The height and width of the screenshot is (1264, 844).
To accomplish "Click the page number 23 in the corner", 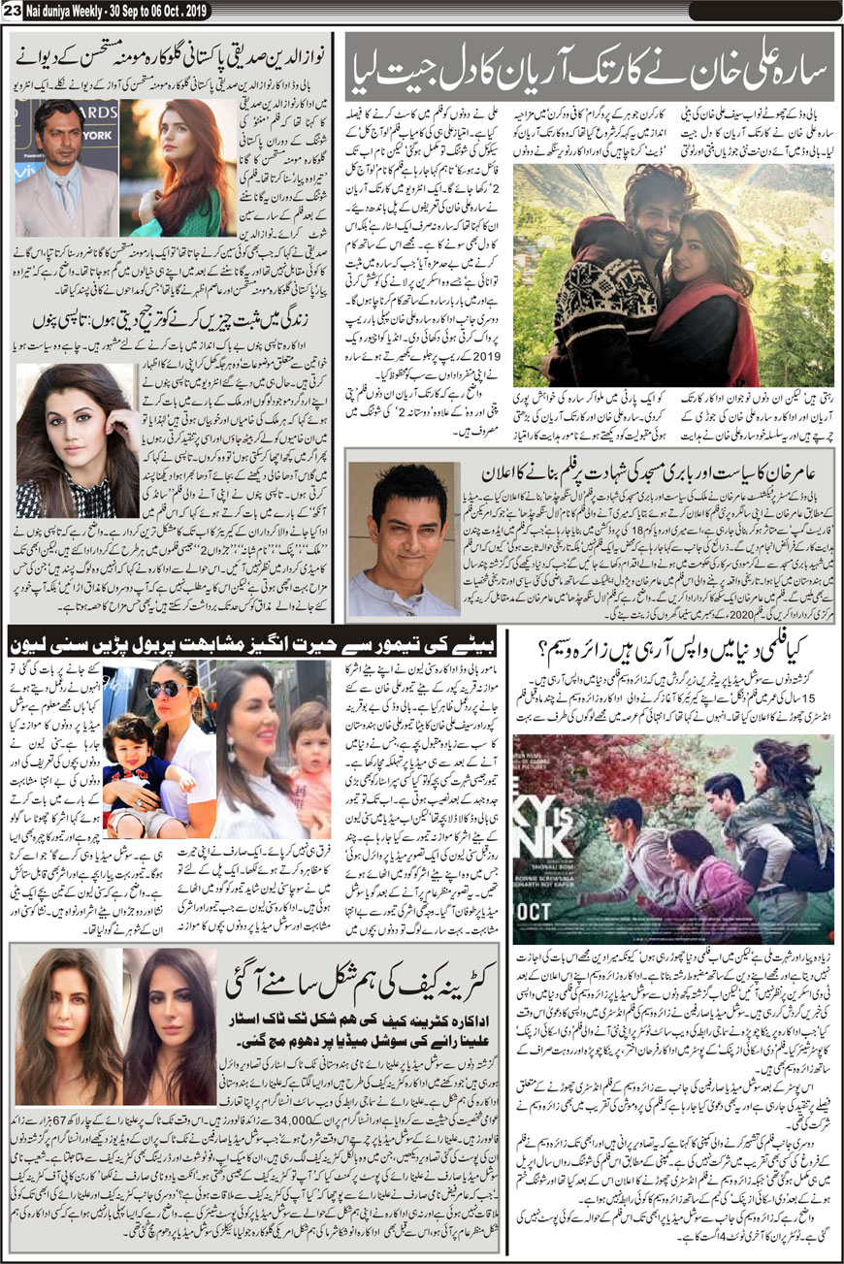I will click(x=11, y=9).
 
